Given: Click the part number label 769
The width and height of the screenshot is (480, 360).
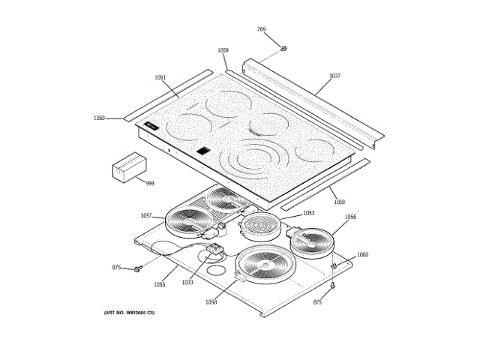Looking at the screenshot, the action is [261, 29].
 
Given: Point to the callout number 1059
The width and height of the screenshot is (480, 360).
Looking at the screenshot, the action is [223, 50].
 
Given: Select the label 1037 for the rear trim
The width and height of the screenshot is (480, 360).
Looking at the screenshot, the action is [334, 76].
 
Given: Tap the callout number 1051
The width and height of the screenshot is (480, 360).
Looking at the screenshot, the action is [160, 78].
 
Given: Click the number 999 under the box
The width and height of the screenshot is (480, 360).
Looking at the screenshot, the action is [149, 183].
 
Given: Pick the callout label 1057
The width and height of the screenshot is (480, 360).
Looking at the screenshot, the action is [146, 216].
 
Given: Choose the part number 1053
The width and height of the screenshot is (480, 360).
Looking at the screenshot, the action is [308, 214].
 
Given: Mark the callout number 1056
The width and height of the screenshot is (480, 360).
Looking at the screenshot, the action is [350, 217].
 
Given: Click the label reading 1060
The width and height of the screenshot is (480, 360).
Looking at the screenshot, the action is [362, 255].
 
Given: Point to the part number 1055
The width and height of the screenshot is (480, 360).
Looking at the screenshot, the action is [160, 285].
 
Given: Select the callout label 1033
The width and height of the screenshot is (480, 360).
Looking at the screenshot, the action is [187, 282].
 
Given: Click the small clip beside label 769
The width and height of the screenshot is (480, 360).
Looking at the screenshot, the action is [283, 49].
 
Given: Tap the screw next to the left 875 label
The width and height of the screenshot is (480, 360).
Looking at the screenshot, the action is [139, 268].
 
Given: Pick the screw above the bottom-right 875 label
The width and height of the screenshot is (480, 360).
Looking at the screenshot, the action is [332, 286].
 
